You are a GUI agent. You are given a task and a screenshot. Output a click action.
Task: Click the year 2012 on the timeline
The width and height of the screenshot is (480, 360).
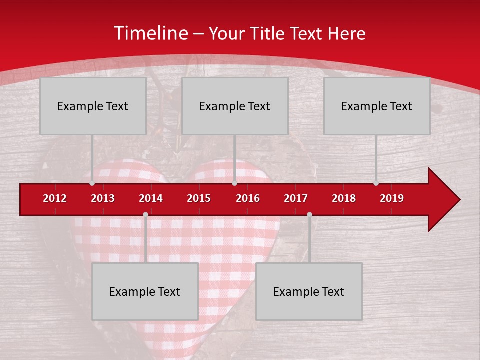point(55,198)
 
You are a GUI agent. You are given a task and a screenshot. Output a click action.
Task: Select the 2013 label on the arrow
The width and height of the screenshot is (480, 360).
point(103,198)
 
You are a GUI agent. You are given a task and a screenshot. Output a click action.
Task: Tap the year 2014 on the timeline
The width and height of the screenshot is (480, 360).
point(151,198)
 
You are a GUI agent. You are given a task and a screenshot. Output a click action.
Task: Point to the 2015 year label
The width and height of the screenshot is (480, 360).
point(199,198)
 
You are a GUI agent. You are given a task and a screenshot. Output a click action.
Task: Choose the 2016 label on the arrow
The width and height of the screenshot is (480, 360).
point(248,198)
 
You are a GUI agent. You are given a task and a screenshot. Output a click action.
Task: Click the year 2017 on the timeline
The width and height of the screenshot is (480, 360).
point(296,198)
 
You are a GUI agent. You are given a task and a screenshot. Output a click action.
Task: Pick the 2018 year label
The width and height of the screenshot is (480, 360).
point(344,198)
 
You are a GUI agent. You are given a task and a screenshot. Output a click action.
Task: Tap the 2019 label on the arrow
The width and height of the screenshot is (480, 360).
point(392,198)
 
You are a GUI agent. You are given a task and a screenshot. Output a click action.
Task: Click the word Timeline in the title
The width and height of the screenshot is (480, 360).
point(150,33)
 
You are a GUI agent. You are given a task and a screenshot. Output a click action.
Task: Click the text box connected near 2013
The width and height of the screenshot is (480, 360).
point(93,106)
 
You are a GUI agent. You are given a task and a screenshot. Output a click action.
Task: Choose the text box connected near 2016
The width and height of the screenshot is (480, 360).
point(235,106)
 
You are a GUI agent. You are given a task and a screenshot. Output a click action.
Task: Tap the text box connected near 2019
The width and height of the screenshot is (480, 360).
point(377,106)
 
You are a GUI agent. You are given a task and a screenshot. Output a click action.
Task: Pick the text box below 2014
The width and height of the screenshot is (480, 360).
point(145,291)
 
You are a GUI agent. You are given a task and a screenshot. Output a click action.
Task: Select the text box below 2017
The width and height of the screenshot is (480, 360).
point(309,291)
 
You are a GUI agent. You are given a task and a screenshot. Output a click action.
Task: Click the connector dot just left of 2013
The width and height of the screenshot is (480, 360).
point(92,183)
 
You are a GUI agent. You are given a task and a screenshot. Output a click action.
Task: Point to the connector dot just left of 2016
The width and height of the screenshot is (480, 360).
point(234,183)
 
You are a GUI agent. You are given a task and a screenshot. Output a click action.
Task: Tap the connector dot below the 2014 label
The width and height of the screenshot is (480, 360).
point(145,214)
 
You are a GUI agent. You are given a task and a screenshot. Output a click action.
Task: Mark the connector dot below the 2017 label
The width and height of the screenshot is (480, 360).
point(309,214)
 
